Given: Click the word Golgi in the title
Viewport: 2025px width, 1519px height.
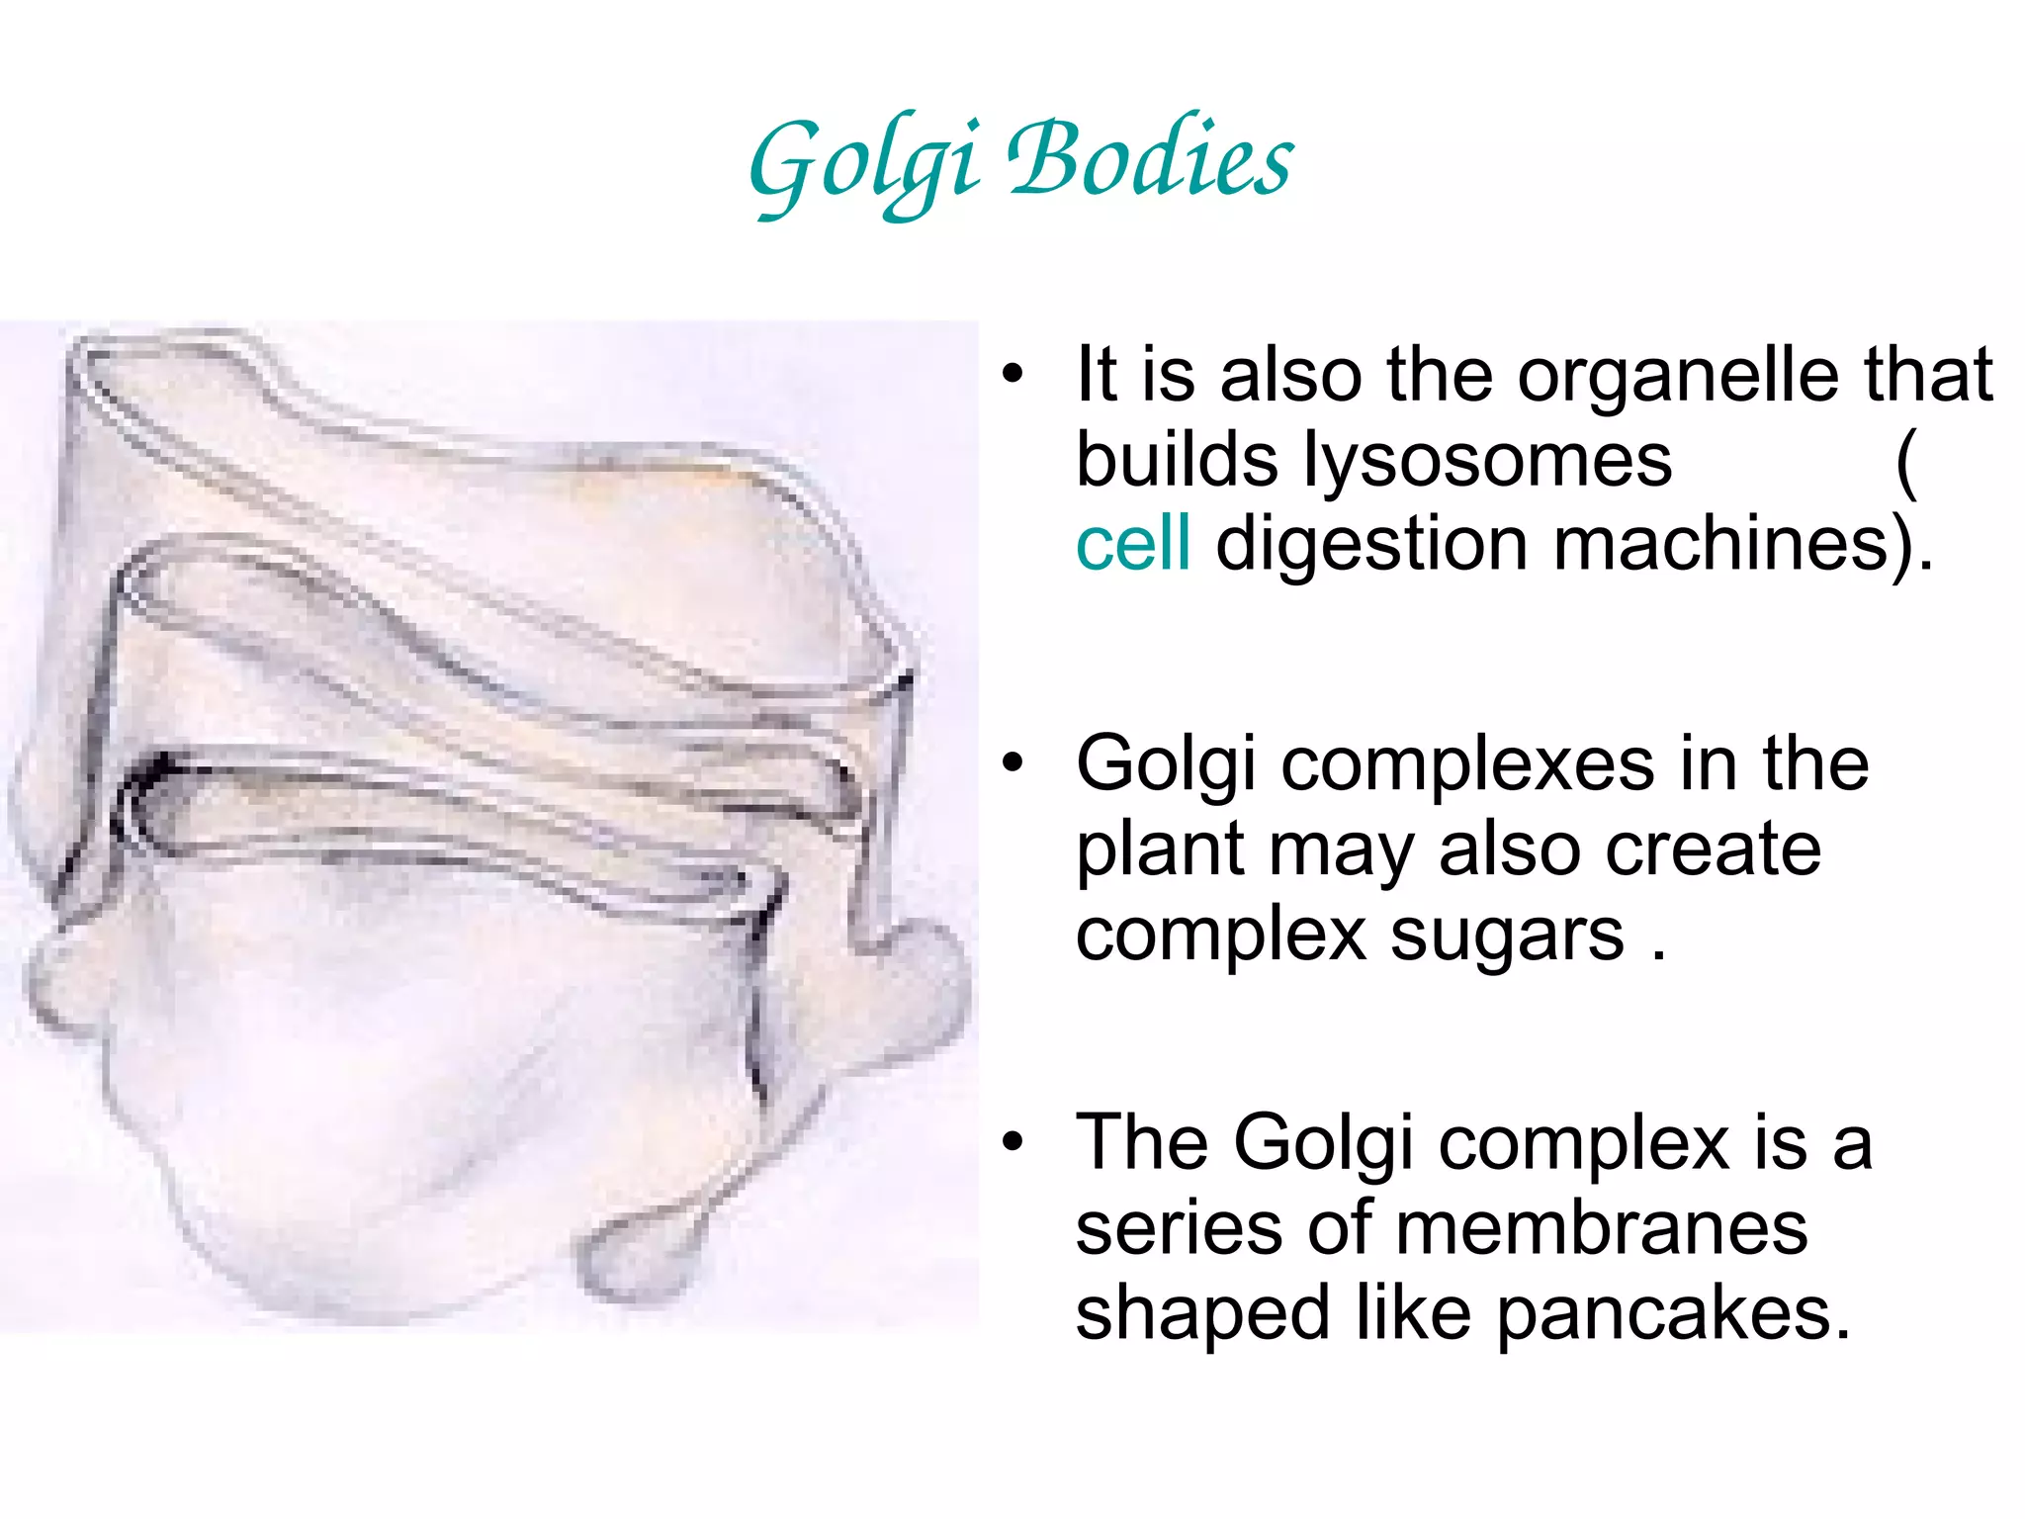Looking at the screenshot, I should [864, 163].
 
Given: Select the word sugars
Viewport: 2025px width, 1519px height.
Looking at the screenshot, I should [1507, 936].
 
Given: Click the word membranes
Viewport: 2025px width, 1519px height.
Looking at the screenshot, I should [1603, 1228].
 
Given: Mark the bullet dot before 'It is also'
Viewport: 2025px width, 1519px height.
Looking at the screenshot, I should [1012, 376].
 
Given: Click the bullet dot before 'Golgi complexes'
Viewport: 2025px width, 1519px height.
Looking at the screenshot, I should [1012, 764].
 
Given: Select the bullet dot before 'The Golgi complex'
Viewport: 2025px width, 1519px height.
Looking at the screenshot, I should [1012, 1143].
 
